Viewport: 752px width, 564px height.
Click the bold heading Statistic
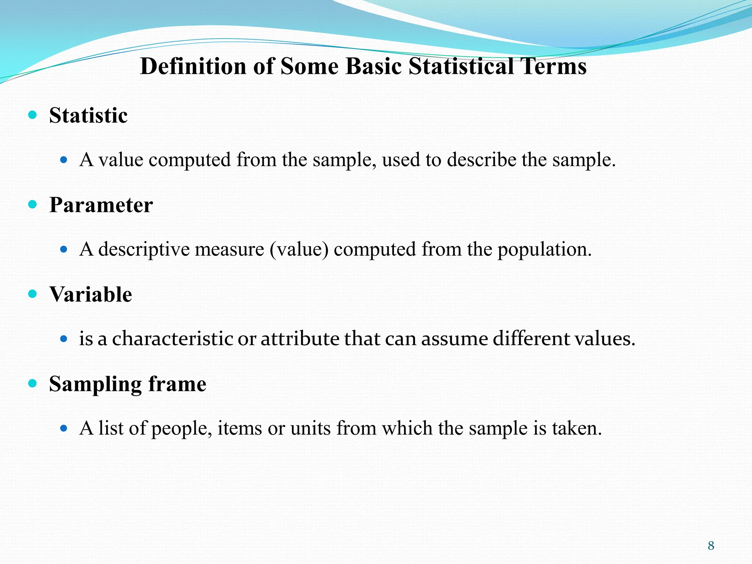(x=88, y=116)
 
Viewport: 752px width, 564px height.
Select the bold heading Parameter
(x=101, y=205)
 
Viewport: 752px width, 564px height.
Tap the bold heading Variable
(x=91, y=294)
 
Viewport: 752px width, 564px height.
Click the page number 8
(x=711, y=546)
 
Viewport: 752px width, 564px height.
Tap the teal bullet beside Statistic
(x=33, y=115)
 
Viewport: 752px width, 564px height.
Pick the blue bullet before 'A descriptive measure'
(x=64, y=249)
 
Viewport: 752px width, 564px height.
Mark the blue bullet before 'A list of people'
(x=64, y=428)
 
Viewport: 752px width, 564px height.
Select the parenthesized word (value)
(x=299, y=250)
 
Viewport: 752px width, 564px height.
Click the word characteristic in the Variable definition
(x=173, y=339)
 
